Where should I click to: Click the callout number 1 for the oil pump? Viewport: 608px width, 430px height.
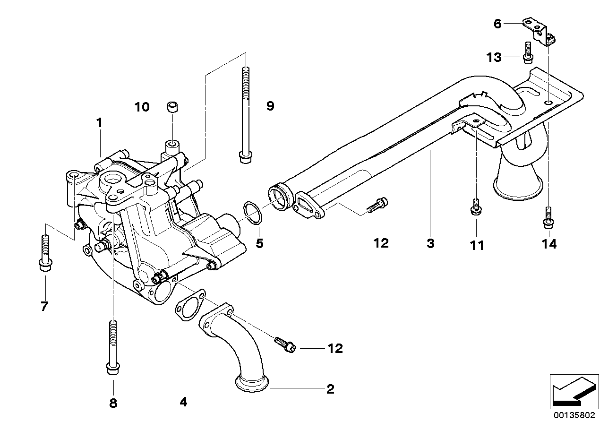click(99, 123)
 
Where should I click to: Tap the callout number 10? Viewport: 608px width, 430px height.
click(142, 107)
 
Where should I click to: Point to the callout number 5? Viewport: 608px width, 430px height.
click(259, 244)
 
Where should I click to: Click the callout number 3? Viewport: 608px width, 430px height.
click(430, 244)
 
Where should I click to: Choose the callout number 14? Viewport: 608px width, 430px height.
click(549, 244)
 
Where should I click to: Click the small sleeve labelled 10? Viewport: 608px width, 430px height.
click(173, 107)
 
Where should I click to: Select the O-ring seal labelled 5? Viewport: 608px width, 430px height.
click(250, 213)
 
